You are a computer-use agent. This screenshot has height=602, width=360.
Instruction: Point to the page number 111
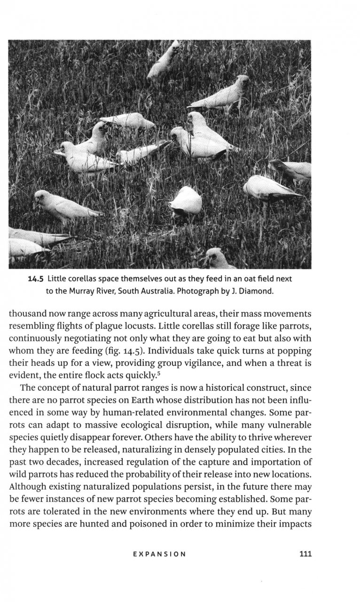coord(305,554)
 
